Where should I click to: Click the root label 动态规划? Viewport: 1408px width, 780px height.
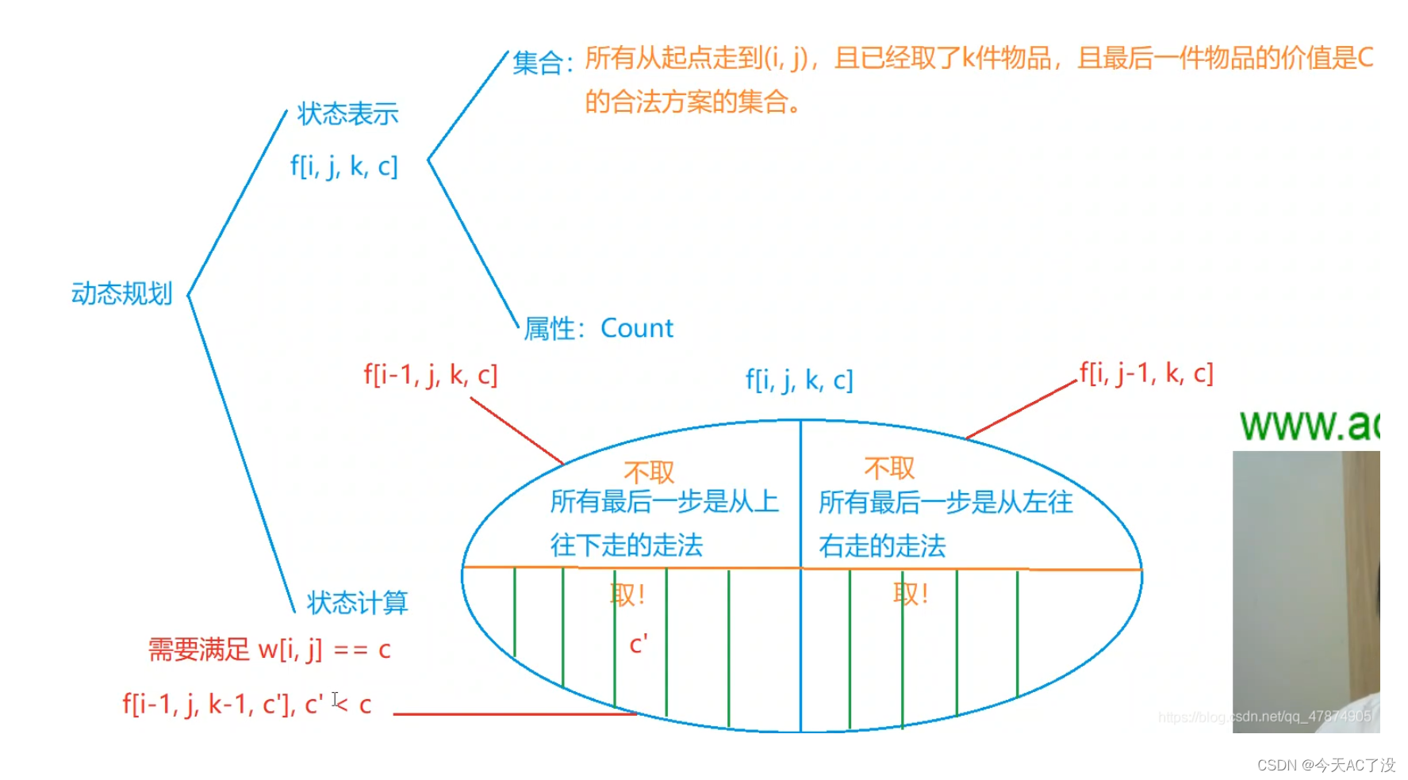tap(121, 293)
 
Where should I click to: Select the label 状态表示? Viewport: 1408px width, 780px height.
tap(347, 114)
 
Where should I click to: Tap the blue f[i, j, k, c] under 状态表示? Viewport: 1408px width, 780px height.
tap(343, 166)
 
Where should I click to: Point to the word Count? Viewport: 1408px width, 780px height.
tap(636, 328)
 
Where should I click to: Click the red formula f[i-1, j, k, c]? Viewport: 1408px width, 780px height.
tap(430, 375)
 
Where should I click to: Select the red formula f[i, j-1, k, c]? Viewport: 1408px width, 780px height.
tap(1145, 373)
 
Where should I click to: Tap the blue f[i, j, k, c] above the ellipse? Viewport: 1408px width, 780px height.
tap(799, 380)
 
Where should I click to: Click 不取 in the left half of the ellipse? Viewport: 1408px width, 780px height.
tap(648, 472)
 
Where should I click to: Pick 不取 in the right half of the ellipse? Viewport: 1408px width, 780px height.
tap(888, 468)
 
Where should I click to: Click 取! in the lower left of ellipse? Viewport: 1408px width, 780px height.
tap(627, 595)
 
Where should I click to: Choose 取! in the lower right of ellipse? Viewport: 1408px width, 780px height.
tap(910, 594)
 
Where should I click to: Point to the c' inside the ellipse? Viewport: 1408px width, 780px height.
tap(638, 644)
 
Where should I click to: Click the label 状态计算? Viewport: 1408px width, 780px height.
tap(357, 602)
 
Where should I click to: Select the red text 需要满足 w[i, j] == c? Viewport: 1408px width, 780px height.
tap(269, 650)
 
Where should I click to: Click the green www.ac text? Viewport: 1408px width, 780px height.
tap(1309, 425)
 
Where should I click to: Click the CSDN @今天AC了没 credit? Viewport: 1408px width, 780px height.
tap(1326, 765)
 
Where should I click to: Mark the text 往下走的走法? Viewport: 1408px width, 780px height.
tap(627, 545)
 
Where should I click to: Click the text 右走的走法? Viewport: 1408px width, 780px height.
tap(882, 546)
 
